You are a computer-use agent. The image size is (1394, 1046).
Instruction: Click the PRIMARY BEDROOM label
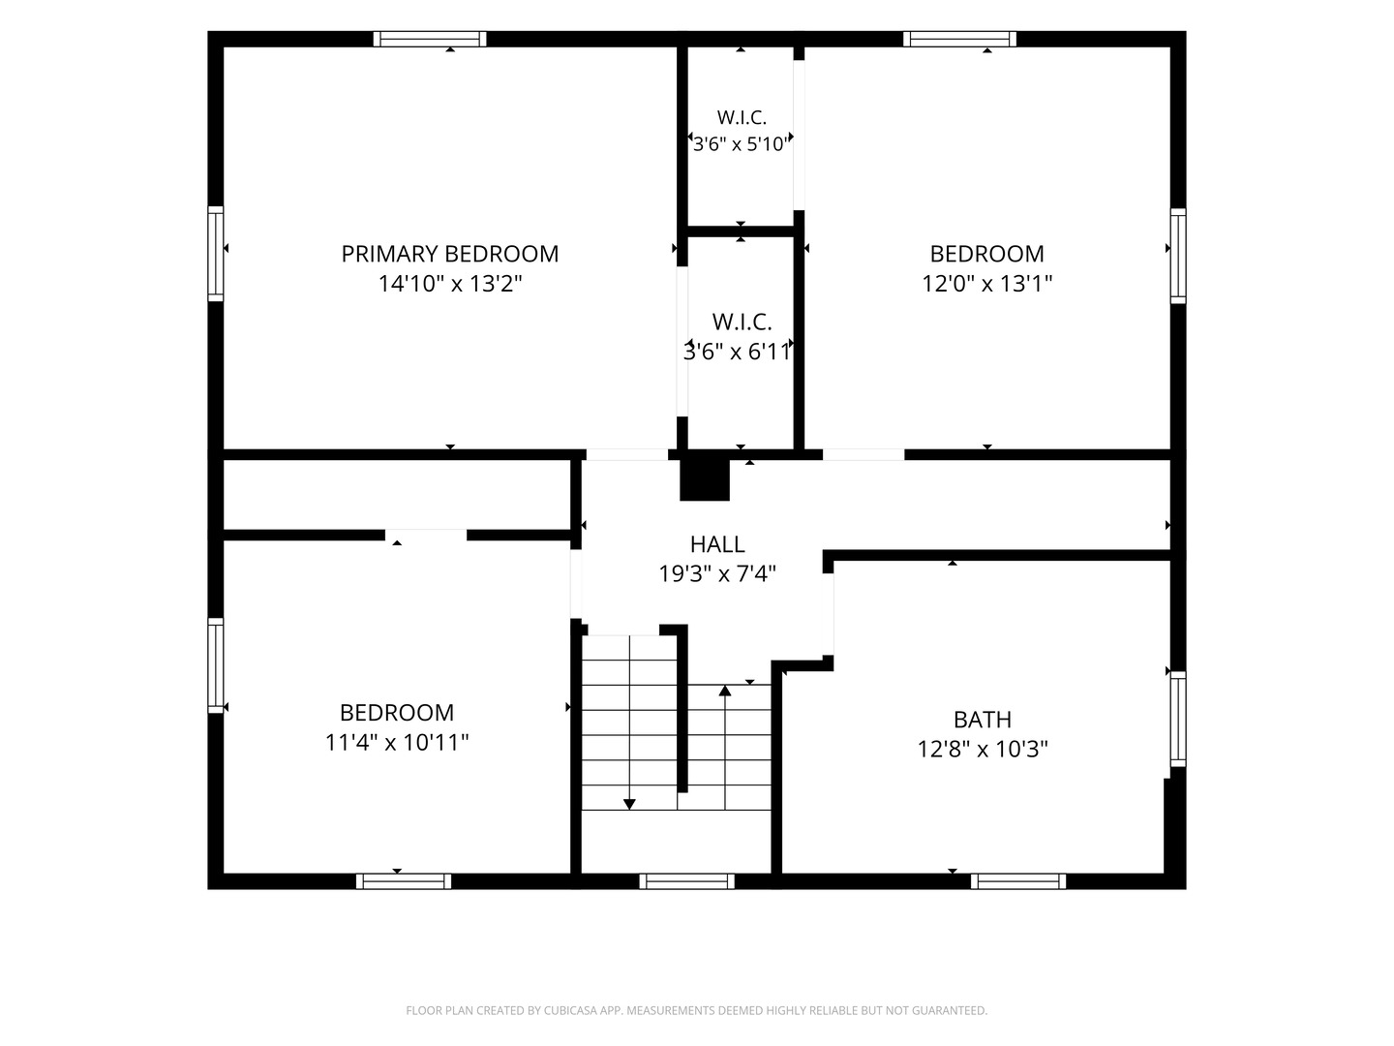click(449, 254)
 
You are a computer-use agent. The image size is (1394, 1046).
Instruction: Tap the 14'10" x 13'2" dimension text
click(449, 283)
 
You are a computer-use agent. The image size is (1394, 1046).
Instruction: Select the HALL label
click(717, 544)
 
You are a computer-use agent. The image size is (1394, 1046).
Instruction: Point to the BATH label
click(982, 720)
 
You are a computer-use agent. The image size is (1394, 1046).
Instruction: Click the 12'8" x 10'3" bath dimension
click(982, 750)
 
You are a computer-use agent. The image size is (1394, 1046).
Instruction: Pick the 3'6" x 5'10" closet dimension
click(742, 144)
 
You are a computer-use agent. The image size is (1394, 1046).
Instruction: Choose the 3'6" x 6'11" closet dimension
click(738, 352)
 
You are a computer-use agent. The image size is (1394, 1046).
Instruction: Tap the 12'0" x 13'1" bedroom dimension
click(986, 283)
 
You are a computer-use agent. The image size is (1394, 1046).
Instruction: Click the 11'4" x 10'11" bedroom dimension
click(397, 742)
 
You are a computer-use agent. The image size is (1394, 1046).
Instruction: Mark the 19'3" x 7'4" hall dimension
click(717, 574)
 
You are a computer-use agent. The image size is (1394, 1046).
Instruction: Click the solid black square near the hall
click(705, 479)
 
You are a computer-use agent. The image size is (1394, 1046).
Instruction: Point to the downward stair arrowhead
click(629, 804)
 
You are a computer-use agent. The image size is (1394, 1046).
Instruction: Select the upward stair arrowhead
click(725, 691)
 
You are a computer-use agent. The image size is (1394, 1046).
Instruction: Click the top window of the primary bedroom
click(429, 40)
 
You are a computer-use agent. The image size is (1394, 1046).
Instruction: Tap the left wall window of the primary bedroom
click(216, 254)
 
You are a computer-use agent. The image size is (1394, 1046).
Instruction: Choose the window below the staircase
click(686, 881)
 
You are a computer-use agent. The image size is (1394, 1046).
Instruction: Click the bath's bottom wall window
click(1018, 881)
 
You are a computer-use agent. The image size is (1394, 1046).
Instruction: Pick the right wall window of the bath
click(1178, 719)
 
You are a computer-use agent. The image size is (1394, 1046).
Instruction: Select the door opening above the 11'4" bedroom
click(426, 535)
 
